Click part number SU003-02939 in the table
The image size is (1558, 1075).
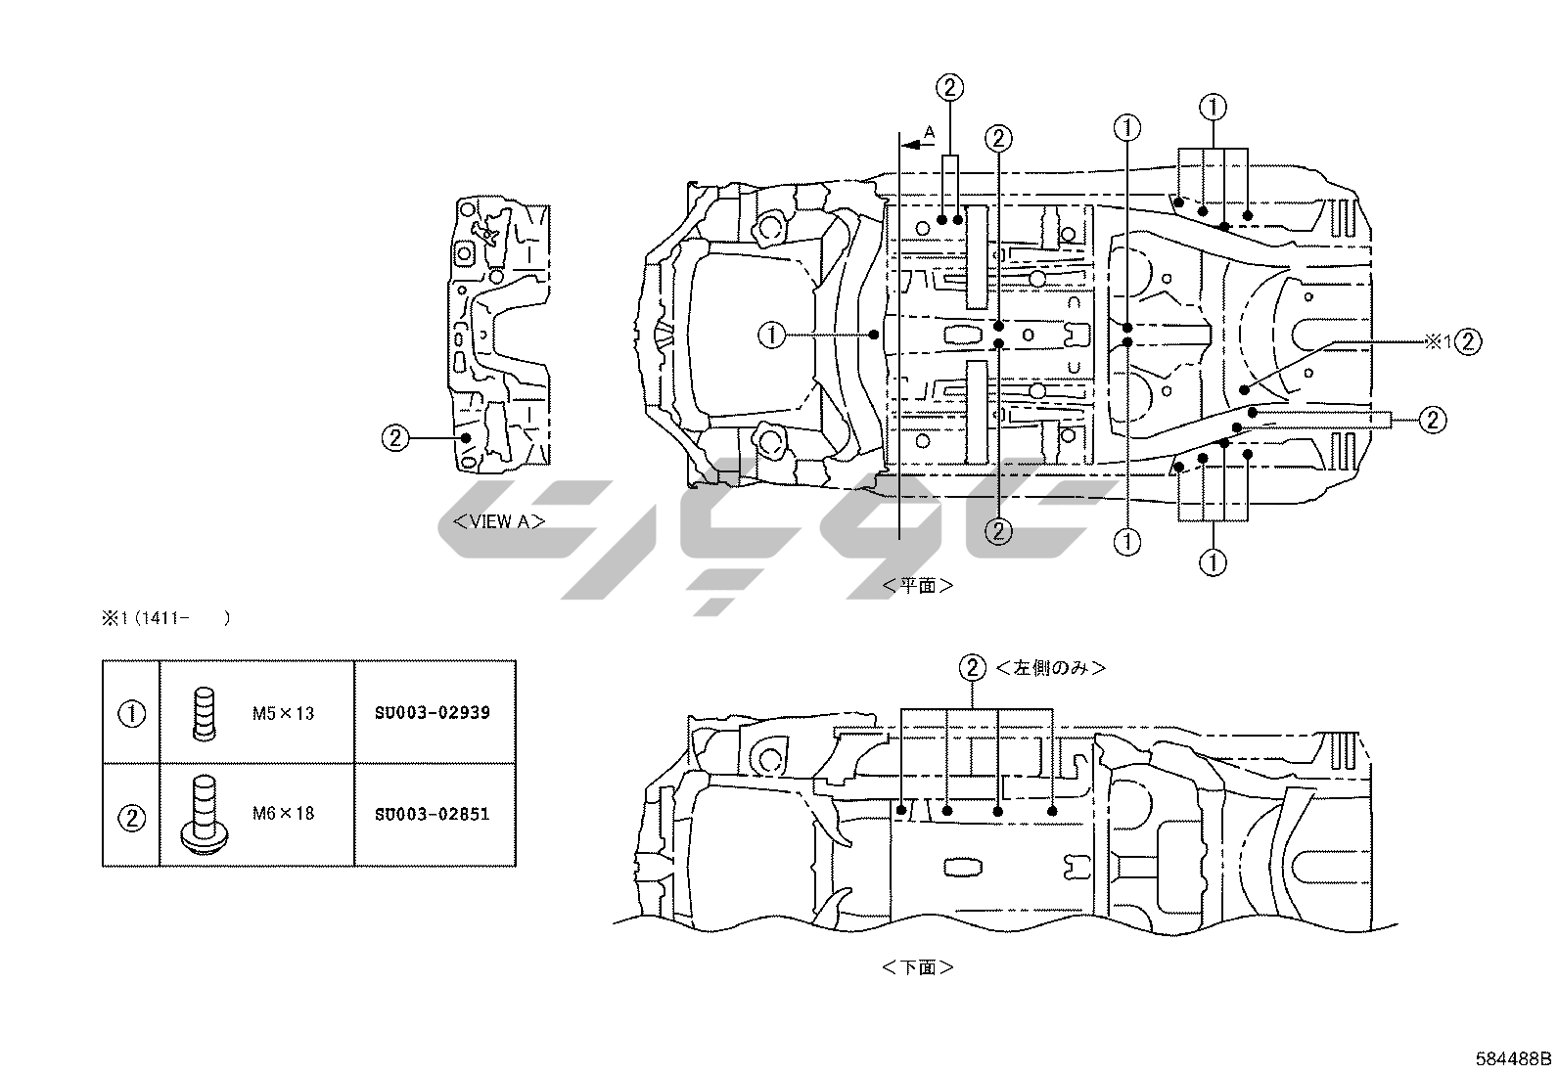pos(432,713)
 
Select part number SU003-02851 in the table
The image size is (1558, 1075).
pos(432,814)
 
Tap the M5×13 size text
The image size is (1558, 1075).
pos(283,713)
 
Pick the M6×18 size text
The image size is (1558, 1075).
pos(283,813)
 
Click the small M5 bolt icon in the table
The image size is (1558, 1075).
pos(203,714)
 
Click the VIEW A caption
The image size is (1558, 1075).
pos(498,521)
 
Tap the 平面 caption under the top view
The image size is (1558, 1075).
pos(917,585)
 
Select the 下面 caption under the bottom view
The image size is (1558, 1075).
pos(917,967)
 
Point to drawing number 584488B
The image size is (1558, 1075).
pos(1514,1058)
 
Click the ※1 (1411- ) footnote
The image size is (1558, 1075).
pos(165,618)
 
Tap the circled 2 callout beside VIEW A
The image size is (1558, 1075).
pos(394,438)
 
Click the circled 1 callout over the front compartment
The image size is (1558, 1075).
pos(772,336)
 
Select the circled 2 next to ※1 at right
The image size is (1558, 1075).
pos(1468,341)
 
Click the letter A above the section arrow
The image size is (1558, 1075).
pos(930,131)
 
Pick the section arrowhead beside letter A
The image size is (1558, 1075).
pos(910,145)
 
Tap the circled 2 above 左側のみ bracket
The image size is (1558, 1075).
pos(972,668)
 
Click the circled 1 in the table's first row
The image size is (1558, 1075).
pos(131,713)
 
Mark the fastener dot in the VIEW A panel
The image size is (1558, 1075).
pos(467,438)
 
